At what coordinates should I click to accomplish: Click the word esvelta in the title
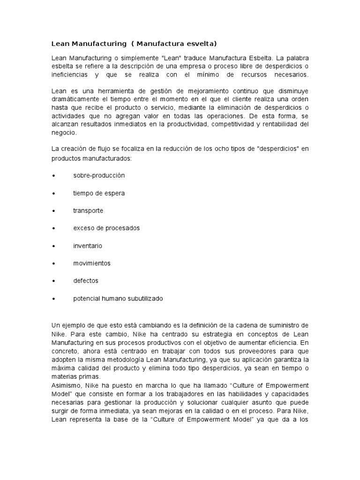click(x=201, y=44)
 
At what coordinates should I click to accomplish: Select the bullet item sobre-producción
click(x=99, y=175)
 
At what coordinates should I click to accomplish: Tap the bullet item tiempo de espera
click(x=99, y=193)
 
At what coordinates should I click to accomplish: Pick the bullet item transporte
click(x=88, y=210)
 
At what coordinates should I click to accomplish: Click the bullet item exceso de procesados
click(x=106, y=228)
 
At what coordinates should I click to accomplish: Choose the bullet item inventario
click(x=88, y=246)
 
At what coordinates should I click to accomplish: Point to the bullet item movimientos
click(x=92, y=263)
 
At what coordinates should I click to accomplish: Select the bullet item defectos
click(x=86, y=281)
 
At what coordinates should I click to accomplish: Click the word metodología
click(x=127, y=359)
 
